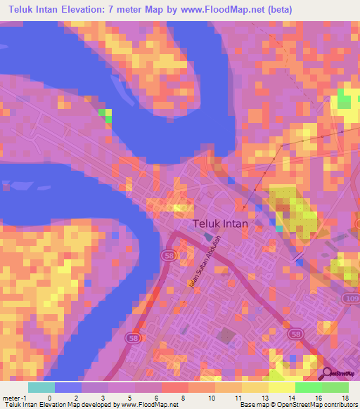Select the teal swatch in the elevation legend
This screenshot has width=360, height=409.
(x=41, y=387)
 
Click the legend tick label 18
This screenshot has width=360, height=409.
(x=345, y=397)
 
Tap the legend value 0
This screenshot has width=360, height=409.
(x=50, y=397)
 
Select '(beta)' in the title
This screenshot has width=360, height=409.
(x=276, y=10)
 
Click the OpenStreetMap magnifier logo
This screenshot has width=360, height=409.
(x=327, y=374)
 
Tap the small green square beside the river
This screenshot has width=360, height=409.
(x=105, y=115)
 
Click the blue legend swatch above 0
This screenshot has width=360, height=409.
(x=68, y=387)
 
